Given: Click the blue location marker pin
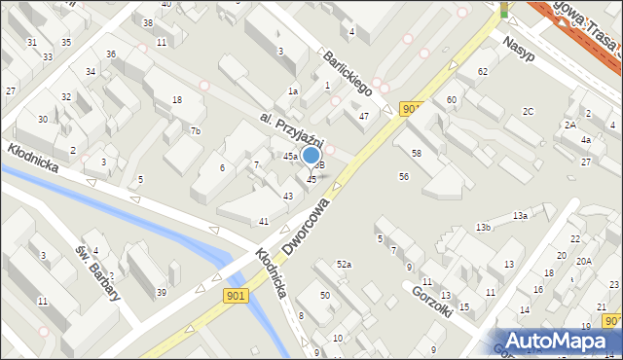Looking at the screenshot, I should (x=311, y=156).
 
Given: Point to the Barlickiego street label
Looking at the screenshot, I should (x=349, y=73).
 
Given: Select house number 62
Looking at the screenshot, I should (x=482, y=72).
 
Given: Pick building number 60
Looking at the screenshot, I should (x=452, y=100).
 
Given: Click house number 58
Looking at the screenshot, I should (x=416, y=154).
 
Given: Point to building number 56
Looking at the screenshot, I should (x=403, y=176).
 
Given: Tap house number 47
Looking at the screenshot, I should (x=363, y=116).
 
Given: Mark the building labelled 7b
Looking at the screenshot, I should (x=196, y=131).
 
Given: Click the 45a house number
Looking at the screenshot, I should (x=290, y=156).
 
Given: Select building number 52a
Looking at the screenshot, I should (x=344, y=265).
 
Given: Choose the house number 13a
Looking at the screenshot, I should (x=521, y=215).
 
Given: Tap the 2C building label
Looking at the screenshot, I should (x=528, y=111).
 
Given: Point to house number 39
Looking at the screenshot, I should (x=162, y=293).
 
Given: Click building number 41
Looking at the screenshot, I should (x=264, y=222).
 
